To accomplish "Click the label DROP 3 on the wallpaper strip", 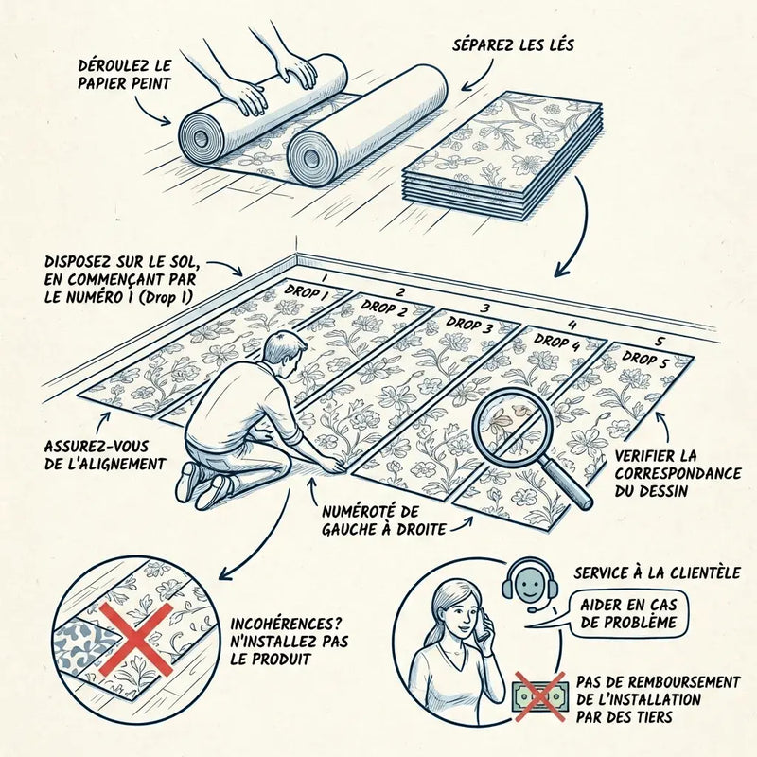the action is point(468,325).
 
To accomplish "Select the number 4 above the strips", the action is point(572,326).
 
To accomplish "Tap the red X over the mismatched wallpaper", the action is point(136,640).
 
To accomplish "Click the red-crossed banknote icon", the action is point(538,696).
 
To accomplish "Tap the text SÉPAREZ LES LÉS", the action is point(513,44).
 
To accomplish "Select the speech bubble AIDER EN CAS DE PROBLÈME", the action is point(628,613).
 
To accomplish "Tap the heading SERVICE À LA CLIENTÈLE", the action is point(657,573).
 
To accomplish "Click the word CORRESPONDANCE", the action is point(678,473).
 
